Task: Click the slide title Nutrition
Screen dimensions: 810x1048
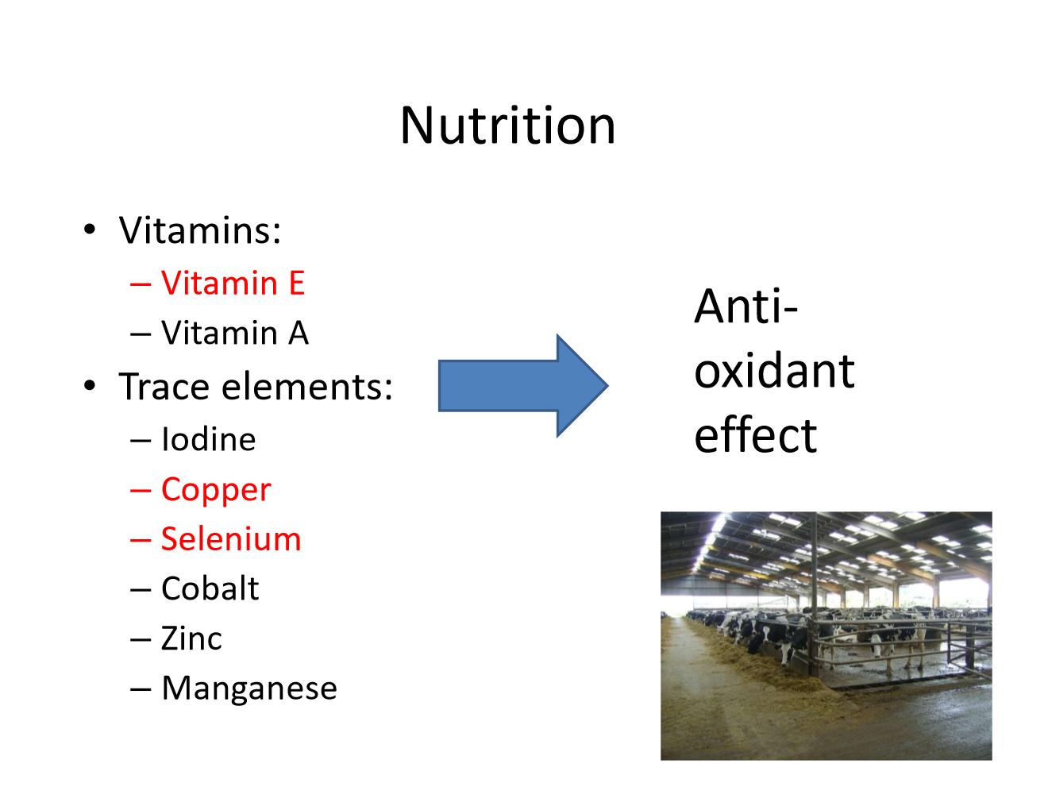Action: (507, 125)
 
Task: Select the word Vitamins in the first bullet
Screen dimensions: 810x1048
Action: (199, 231)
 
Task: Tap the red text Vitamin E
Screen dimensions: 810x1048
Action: (233, 283)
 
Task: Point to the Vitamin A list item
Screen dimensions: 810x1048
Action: (234, 333)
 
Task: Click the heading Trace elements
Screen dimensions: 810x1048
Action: (256, 387)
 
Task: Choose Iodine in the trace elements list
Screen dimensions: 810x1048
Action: (208, 439)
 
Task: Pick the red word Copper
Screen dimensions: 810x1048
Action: (216, 490)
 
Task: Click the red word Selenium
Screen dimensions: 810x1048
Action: (231, 539)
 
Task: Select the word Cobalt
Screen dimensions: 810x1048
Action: (210, 588)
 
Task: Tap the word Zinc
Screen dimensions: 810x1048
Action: (191, 638)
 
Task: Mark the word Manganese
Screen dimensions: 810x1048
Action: (249, 688)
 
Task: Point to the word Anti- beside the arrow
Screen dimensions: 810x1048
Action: (746, 307)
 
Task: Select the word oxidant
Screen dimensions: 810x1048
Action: (774, 371)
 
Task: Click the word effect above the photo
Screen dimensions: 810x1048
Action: (755, 436)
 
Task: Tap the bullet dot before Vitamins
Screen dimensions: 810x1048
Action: (90, 230)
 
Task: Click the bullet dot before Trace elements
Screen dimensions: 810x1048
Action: (90, 386)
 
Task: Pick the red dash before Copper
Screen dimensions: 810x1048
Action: (141, 491)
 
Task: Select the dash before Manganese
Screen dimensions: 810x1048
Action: (141, 688)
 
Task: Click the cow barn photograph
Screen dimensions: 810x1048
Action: (826, 635)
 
